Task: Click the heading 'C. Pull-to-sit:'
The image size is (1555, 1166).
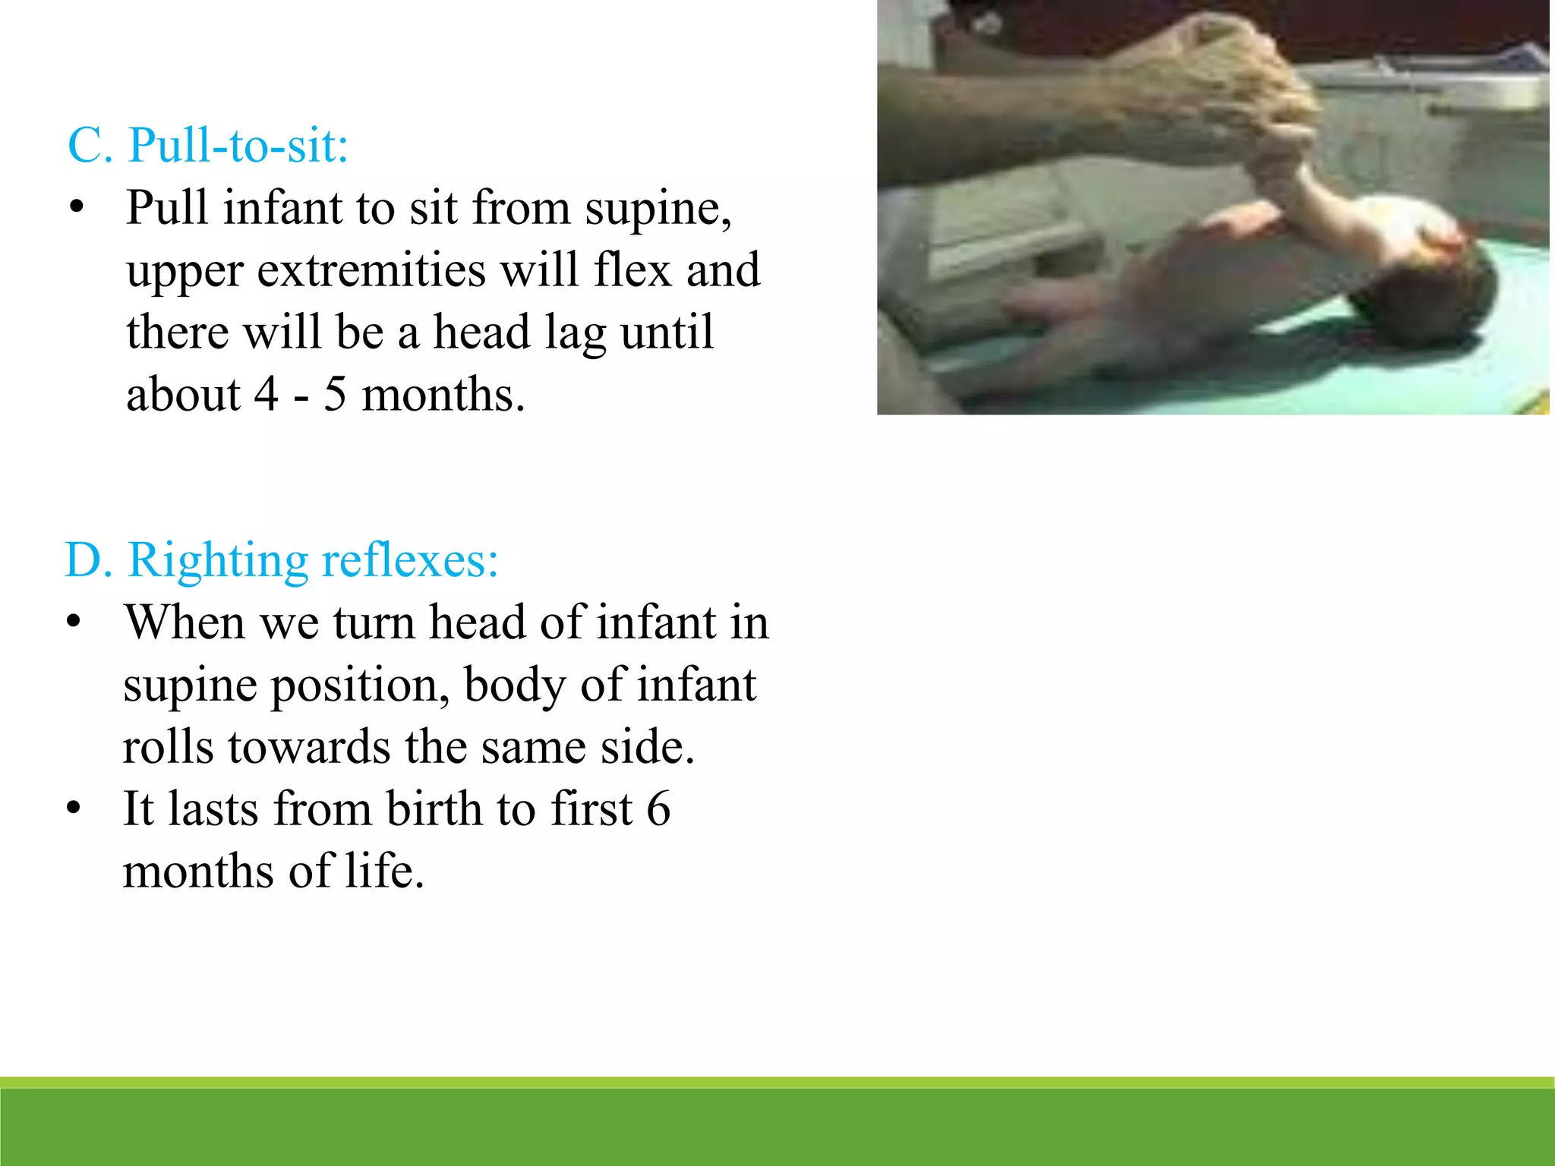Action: [x=208, y=144]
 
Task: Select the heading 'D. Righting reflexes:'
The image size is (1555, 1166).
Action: [x=282, y=560]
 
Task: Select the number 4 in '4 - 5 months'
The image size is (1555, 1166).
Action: [x=267, y=395]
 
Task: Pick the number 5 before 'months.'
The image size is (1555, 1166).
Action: [x=335, y=395]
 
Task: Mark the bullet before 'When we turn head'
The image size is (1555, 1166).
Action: [x=73, y=622]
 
